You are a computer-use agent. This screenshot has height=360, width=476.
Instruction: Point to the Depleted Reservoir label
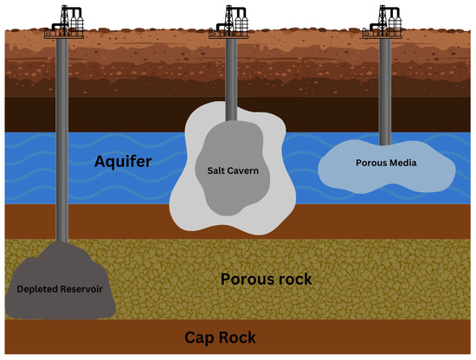pos(61,288)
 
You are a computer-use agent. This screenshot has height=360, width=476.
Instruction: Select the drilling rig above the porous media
pos(383,21)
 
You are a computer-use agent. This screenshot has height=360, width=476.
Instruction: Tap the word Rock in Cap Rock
pos(259,337)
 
